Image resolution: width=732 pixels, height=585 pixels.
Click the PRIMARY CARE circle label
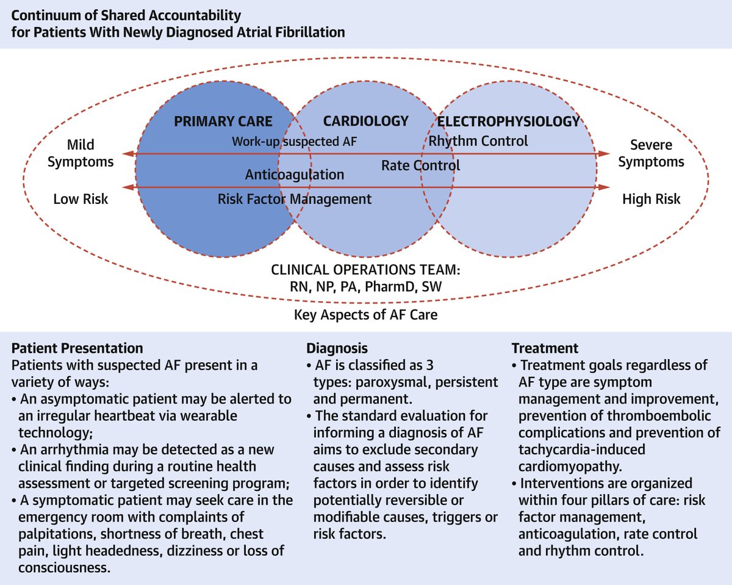tap(223, 121)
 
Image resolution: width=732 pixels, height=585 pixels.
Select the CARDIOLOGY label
tap(365, 121)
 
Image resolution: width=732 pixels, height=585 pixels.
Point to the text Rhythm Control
tap(478, 142)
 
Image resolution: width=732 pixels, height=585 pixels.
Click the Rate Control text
tap(421, 165)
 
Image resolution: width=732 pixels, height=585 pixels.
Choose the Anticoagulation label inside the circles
tap(295, 175)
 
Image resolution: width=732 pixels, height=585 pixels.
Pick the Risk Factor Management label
tap(295, 199)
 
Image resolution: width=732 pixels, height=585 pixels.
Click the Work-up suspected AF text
tap(294, 142)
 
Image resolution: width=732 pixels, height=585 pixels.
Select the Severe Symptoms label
tap(651, 154)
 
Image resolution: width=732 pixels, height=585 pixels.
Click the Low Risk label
tap(81, 199)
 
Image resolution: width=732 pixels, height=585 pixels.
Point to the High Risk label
tap(651, 199)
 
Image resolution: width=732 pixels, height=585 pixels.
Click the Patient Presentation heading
tap(77, 349)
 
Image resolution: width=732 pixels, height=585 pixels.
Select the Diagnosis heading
tap(337, 349)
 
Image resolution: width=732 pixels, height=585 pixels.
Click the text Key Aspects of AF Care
tap(366, 316)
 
